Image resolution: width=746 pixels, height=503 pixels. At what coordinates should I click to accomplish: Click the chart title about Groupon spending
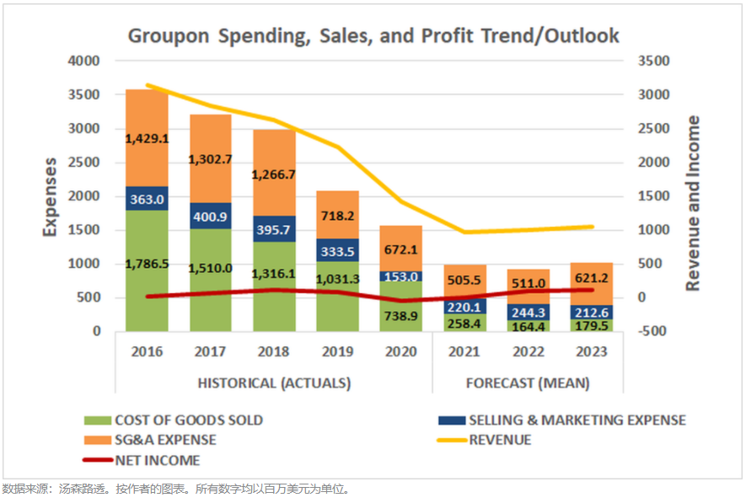pos(373,35)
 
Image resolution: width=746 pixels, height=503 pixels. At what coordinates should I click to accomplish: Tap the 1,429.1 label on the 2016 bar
pos(148,137)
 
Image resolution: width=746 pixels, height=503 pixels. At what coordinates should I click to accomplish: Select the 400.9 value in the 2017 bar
pos(211,216)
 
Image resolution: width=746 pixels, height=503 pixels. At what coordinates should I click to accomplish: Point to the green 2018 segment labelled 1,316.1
pos(274,273)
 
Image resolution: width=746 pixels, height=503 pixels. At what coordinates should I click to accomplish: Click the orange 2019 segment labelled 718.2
pos(338,215)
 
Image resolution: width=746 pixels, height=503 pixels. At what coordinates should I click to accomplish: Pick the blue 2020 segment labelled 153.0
pos(401,276)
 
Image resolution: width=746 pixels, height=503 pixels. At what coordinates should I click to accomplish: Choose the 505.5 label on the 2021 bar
pos(464,282)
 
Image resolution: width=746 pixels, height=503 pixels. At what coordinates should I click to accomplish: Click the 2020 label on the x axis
pos(401,352)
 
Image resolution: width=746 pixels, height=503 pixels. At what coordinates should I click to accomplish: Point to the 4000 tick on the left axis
pos(83,62)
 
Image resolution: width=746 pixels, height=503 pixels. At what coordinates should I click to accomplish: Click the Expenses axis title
pos(50,196)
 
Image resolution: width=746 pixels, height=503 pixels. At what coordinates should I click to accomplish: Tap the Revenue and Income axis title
pos(693,204)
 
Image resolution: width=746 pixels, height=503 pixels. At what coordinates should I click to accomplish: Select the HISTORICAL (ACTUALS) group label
pos(274,383)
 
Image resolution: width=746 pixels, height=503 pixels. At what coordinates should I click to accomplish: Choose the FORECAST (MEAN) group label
pos(528,383)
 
